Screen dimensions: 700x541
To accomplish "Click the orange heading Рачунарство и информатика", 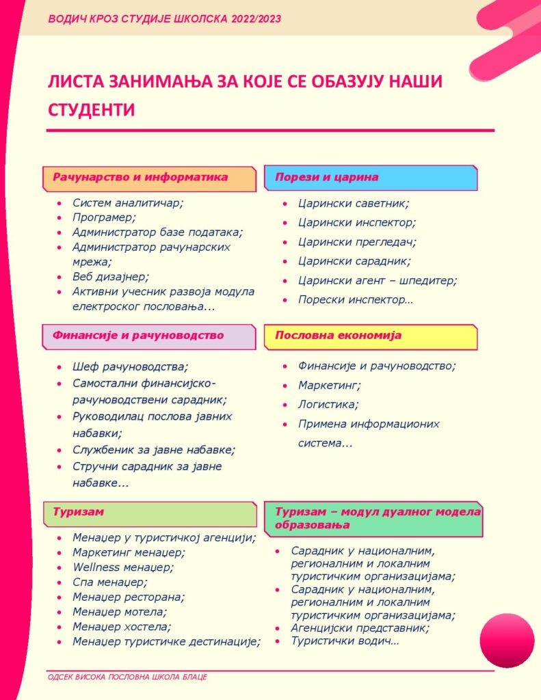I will click(x=140, y=177).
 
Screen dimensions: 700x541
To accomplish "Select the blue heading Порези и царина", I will click(x=326, y=177).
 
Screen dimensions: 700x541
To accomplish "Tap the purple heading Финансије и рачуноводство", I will click(x=138, y=336).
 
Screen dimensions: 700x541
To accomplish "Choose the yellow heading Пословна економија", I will click(x=338, y=336).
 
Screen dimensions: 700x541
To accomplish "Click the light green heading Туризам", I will click(x=78, y=511).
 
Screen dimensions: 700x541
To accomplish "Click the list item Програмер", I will click(x=104, y=217).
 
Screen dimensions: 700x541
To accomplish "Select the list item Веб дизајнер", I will click(x=110, y=277).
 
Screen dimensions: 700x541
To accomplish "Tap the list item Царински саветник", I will click(x=353, y=203).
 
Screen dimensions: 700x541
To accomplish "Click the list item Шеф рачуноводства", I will click(x=130, y=366).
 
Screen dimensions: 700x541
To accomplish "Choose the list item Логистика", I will click(x=328, y=404).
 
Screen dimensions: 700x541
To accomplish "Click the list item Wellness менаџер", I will click(x=123, y=567).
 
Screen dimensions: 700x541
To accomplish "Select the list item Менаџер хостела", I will click(x=122, y=626).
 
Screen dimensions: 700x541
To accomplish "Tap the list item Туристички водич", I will click(x=345, y=641).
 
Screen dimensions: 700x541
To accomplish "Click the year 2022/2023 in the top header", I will click(x=256, y=18).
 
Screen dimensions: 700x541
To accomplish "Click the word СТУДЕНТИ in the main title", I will click(x=91, y=109).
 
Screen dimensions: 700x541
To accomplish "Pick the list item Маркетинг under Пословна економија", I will click(x=330, y=385).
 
